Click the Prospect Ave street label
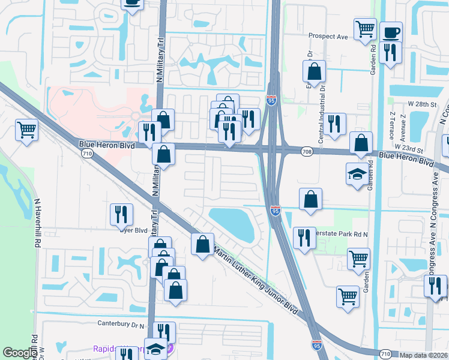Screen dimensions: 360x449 pyautogui.click(x=328, y=37)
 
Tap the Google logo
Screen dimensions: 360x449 pyautogui.click(x=20, y=352)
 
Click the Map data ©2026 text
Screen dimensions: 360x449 pyautogui.click(x=423, y=355)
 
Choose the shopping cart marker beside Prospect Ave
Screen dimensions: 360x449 pyautogui.click(x=365, y=28)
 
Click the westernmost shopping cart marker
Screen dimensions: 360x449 pyautogui.click(x=27, y=128)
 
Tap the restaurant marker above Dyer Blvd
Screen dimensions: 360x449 pyautogui.click(x=122, y=214)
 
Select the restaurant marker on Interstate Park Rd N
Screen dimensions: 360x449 pyautogui.click(x=304, y=236)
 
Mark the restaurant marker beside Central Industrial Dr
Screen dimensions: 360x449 pyautogui.click(x=334, y=123)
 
